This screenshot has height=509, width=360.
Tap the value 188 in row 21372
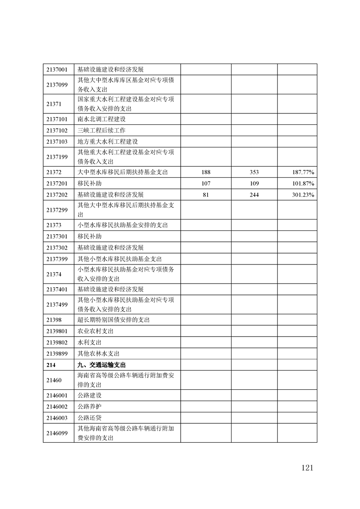click(x=206, y=172)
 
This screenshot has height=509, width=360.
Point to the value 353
click(x=254, y=172)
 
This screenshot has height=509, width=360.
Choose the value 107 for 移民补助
click(x=206, y=183)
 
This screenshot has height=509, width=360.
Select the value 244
click(x=254, y=195)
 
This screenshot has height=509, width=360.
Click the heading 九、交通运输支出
click(x=101, y=365)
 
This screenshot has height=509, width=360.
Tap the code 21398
click(x=54, y=320)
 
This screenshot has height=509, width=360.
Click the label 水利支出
click(x=89, y=343)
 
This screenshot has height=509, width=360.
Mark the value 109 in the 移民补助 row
click(x=254, y=183)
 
